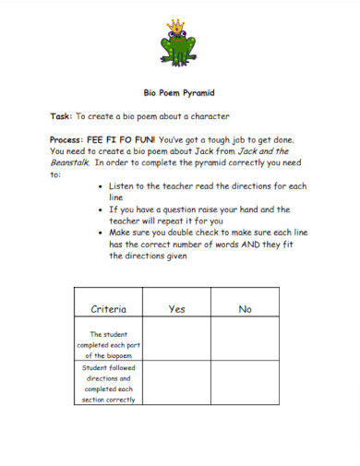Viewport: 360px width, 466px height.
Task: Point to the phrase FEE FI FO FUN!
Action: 118,138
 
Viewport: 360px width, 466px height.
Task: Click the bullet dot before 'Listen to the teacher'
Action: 100,186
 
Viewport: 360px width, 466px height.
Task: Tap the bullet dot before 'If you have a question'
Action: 100,209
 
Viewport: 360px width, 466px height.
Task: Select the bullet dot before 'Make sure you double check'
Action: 100,233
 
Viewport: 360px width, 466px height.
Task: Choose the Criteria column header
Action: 109,309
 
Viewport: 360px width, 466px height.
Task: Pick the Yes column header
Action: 176,309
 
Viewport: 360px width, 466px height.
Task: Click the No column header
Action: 245,309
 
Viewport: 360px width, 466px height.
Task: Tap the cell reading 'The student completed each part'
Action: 109,344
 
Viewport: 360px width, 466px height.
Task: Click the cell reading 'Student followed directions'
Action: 109,384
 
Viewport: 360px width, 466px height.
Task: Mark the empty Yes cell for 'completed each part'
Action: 177,344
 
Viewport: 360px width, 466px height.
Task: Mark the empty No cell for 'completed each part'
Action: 245,344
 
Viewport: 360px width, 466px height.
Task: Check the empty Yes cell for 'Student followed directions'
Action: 177,384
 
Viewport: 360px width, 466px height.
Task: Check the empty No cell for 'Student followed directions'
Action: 245,384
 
